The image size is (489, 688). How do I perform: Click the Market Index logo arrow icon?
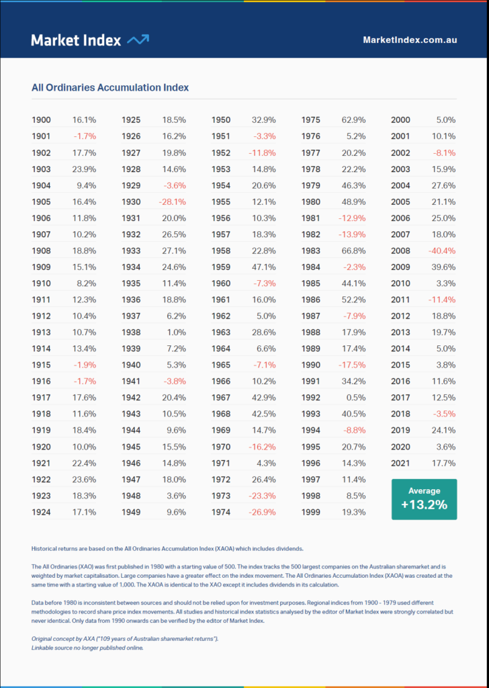(138, 40)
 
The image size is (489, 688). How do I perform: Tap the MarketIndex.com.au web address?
(410, 40)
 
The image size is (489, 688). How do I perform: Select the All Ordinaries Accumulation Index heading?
(110, 87)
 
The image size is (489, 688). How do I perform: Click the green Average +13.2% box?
(424, 499)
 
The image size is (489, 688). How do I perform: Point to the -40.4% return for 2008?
(442, 251)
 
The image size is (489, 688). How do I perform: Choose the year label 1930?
(131, 202)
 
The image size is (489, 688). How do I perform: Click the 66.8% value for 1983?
(353, 251)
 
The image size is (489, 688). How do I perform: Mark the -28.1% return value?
(172, 202)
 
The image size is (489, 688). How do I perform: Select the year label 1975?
(310, 120)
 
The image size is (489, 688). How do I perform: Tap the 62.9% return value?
(353, 120)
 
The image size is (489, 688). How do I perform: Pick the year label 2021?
(400, 463)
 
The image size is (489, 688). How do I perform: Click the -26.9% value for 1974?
(262, 512)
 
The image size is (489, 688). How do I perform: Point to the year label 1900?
(41, 120)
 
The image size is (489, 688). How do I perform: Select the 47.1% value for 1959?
(263, 267)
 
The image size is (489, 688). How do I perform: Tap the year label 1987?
(310, 316)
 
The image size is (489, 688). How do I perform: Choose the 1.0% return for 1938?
(177, 332)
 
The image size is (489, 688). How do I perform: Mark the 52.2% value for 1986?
(353, 300)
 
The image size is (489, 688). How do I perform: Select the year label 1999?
(310, 512)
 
